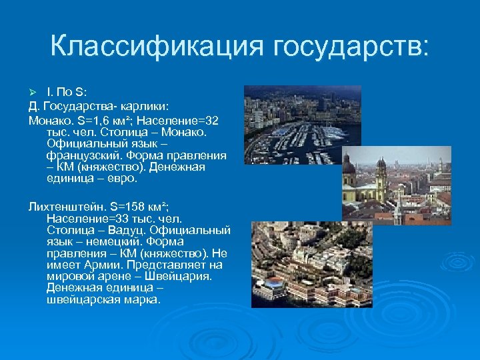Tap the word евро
coord(127,179)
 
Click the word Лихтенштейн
coord(61,206)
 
